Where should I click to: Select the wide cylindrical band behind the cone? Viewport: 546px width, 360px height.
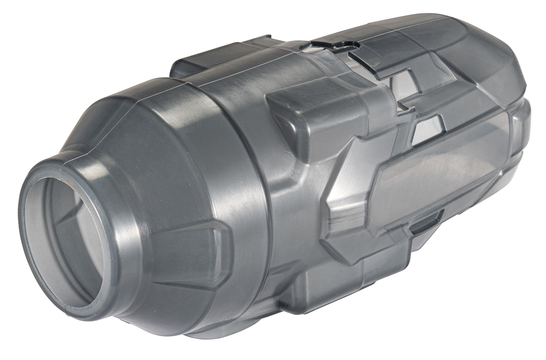[240, 176]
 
